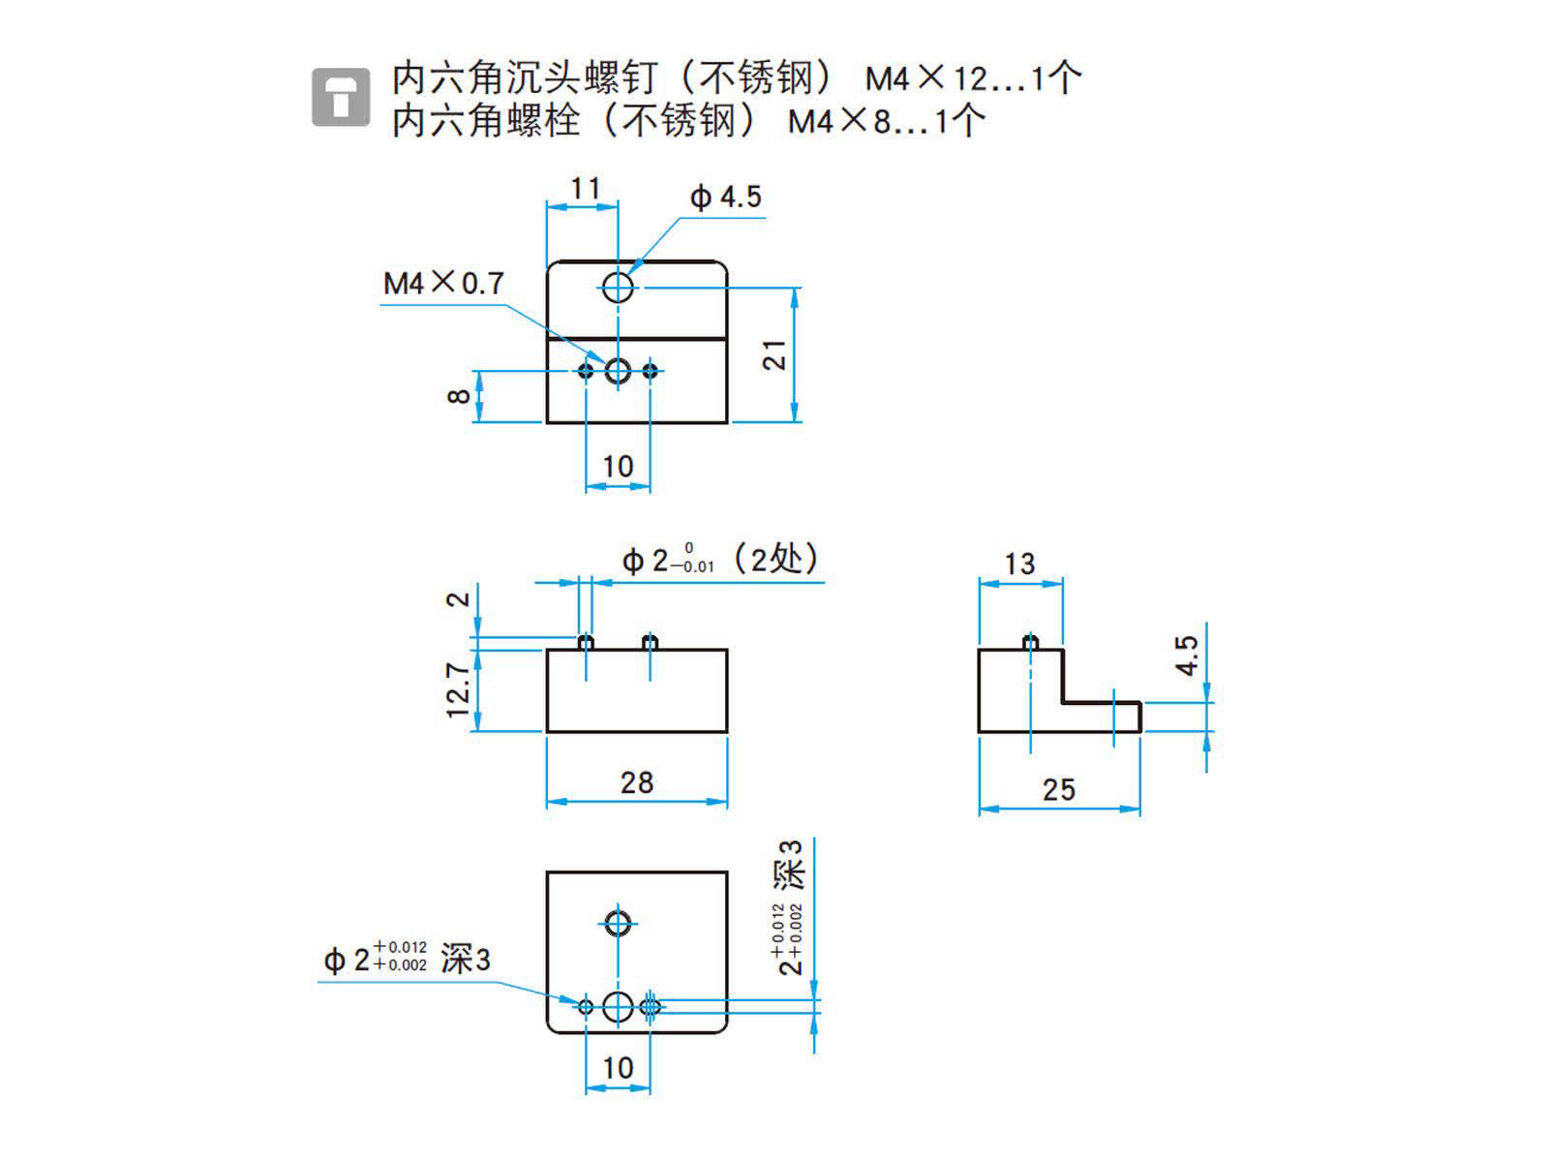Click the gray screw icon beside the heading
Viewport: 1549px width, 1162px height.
click(340, 97)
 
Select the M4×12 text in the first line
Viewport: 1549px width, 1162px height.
click(923, 77)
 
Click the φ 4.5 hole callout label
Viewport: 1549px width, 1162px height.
click(726, 198)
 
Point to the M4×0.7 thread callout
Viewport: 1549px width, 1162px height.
click(443, 283)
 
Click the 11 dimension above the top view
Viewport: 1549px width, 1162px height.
click(585, 188)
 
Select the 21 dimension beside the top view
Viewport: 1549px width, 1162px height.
click(774, 354)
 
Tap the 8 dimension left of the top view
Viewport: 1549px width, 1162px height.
click(460, 395)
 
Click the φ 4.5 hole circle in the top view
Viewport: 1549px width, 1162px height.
click(618, 287)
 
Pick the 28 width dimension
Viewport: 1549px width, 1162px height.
click(636, 782)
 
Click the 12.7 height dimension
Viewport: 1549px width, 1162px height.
click(458, 689)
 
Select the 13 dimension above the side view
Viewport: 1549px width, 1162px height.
click(1019, 564)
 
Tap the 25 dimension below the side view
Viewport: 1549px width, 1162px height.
click(1058, 790)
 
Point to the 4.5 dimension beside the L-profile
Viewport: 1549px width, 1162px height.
click(1187, 655)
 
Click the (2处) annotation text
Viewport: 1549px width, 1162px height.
click(776, 559)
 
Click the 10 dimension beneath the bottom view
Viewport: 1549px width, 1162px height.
click(618, 1068)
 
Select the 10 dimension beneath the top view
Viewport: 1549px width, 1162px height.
click(618, 467)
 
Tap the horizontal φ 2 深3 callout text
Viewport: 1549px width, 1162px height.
click(407, 959)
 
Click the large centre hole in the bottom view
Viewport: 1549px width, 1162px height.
click(618, 1007)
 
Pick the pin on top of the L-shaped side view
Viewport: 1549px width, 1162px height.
click(1031, 642)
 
